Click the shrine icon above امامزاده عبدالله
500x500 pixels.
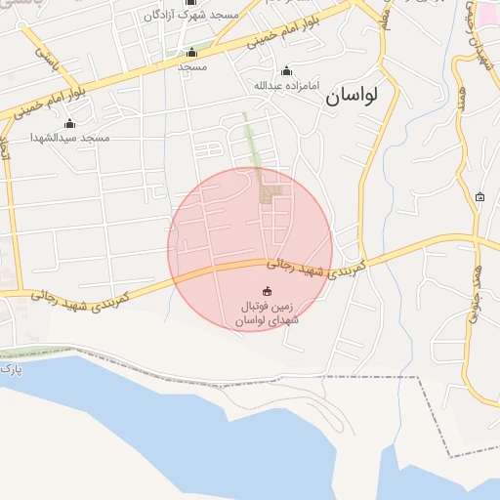point(286,70)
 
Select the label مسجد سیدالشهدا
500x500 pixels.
point(69,138)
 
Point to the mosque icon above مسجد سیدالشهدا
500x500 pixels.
point(69,123)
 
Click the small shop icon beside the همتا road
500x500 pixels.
point(479,197)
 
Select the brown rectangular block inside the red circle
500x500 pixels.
point(270,194)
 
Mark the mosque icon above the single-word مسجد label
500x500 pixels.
point(191,53)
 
